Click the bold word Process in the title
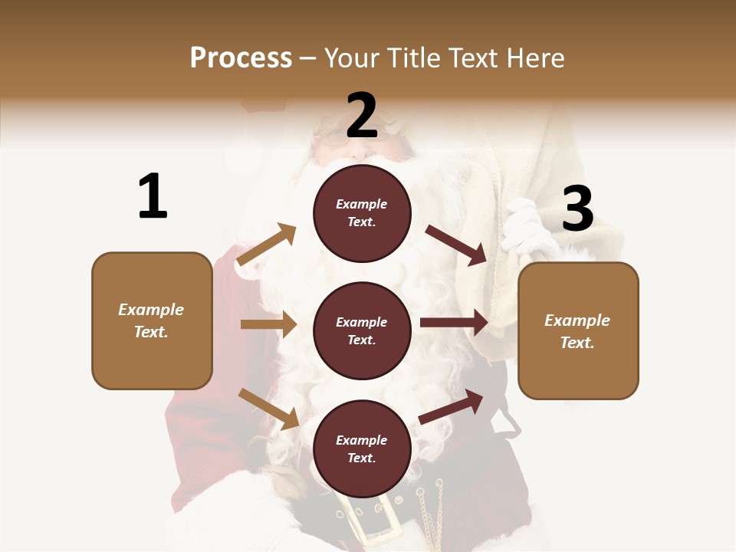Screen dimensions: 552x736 point(241,58)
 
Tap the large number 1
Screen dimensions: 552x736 point(153,196)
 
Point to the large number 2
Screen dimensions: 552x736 point(362,116)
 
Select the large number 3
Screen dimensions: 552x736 point(577,209)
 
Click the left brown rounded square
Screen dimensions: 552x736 point(152,320)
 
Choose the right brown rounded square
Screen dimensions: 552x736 point(578,330)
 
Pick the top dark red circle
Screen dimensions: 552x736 point(362,213)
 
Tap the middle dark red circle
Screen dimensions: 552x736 point(362,330)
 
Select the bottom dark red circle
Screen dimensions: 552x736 point(362,449)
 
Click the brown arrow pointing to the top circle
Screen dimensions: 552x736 point(266,245)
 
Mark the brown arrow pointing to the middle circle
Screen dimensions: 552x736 point(268,324)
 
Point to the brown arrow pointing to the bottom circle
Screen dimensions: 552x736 point(268,409)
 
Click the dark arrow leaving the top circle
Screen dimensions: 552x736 point(456,245)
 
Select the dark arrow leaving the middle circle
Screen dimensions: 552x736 point(454,323)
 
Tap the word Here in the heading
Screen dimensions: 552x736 point(536,58)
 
